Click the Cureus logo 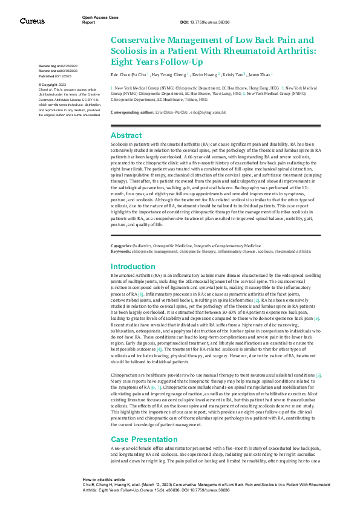(x=32, y=21)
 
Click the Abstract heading (x=128, y=135)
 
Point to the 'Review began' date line (x=57, y=65)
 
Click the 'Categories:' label (x=121, y=246)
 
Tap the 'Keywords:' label (x=120, y=250)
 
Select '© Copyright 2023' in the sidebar (x=53, y=85)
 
